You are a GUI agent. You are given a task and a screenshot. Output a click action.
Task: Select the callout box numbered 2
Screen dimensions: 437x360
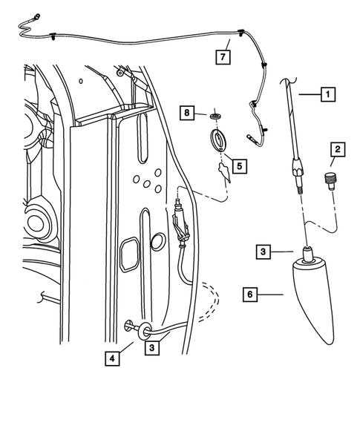click(336, 151)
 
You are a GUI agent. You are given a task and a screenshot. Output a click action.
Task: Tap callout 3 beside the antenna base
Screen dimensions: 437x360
click(264, 252)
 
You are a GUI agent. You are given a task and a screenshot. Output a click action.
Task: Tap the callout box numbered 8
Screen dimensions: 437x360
click(189, 113)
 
